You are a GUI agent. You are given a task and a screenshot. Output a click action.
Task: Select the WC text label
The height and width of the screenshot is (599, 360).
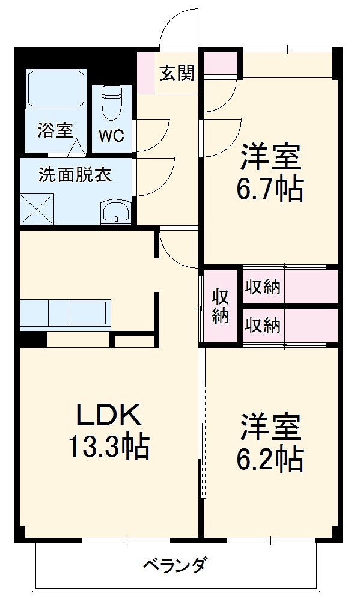coord(111,136)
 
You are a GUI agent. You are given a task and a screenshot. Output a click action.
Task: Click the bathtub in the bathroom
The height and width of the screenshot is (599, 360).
coord(56,91)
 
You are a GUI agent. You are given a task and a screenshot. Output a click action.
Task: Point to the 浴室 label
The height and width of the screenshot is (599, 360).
coord(55,130)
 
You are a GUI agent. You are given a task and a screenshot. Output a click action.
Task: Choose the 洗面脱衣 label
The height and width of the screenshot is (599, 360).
coord(75,175)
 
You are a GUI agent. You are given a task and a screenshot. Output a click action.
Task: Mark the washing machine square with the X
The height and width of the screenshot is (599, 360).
coord(38,208)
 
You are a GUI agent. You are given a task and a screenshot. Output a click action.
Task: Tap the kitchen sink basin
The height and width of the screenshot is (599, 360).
coord(88,313)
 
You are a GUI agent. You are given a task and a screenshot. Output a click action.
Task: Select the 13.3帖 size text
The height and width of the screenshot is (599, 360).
coord(108,447)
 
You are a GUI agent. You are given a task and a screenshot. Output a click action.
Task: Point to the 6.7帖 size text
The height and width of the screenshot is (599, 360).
coord(270,190)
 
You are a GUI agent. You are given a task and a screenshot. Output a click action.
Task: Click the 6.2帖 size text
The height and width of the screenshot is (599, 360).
coord(270,460)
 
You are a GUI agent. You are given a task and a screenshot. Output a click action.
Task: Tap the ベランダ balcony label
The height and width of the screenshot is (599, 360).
coord(175,565)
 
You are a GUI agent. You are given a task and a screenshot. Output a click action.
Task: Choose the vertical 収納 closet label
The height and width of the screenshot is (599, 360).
coord(221,306)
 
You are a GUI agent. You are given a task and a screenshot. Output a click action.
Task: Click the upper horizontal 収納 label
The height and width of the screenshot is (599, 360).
coord(263,287)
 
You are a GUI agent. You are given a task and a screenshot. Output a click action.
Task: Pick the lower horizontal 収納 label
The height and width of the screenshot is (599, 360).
coord(263,325)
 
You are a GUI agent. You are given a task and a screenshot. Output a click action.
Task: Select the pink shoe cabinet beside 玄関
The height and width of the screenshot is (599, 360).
coord(145,73)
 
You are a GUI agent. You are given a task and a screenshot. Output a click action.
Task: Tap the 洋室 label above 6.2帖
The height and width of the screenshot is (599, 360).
coord(270,428)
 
